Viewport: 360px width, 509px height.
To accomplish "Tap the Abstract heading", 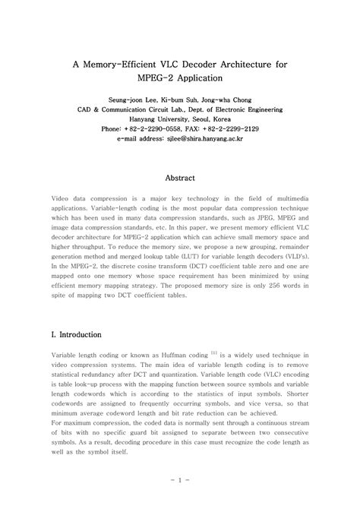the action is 180,179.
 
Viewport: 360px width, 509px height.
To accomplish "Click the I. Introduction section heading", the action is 81,334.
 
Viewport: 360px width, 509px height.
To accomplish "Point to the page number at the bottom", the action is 180,480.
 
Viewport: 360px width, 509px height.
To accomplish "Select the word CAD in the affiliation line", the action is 87,109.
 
